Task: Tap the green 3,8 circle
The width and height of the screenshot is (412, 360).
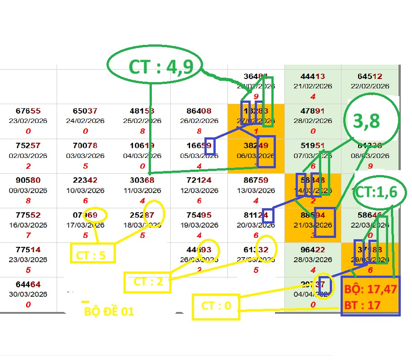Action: click(371, 121)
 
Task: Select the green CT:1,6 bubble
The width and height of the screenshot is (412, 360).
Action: click(381, 192)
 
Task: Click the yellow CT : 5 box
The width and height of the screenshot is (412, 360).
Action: click(93, 254)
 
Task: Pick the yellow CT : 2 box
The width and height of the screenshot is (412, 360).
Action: click(147, 282)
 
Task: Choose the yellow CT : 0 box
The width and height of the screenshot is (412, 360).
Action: click(216, 307)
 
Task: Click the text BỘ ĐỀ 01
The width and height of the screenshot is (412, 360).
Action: click(109, 311)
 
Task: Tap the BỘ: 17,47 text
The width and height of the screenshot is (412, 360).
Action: click(371, 290)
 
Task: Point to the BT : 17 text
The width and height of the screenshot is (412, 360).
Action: click(362, 305)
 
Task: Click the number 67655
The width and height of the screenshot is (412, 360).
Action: click(28, 111)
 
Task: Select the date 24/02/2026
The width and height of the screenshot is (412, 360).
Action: click(85, 121)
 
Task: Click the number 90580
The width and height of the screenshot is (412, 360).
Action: click(28, 180)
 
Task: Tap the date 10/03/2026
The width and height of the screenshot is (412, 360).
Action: click(85, 190)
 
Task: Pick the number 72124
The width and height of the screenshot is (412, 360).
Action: click(199, 180)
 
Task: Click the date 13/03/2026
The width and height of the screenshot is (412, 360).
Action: click(256, 190)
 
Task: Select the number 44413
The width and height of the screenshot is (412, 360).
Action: click(313, 76)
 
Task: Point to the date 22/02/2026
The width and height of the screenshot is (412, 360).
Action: click(370, 86)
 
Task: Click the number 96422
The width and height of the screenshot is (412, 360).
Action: click(313, 250)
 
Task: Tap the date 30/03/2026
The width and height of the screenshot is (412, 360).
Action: click(28, 294)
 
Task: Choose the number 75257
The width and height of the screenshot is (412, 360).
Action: click(28, 145)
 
